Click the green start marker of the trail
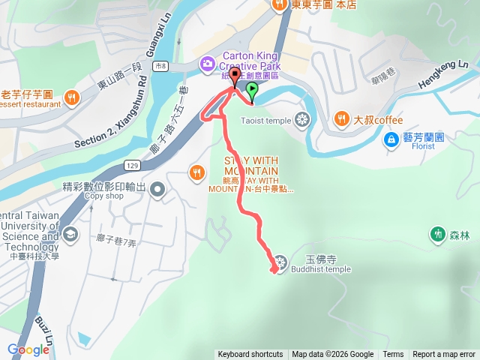252,91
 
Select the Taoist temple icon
301,119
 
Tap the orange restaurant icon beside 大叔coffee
340,118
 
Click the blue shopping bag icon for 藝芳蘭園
391,139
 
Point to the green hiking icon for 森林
438,235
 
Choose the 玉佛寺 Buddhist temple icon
280,262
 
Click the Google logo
28,349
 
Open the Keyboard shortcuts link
250,355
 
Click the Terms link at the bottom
393,355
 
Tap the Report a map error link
444,355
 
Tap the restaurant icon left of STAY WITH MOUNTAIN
196,172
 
